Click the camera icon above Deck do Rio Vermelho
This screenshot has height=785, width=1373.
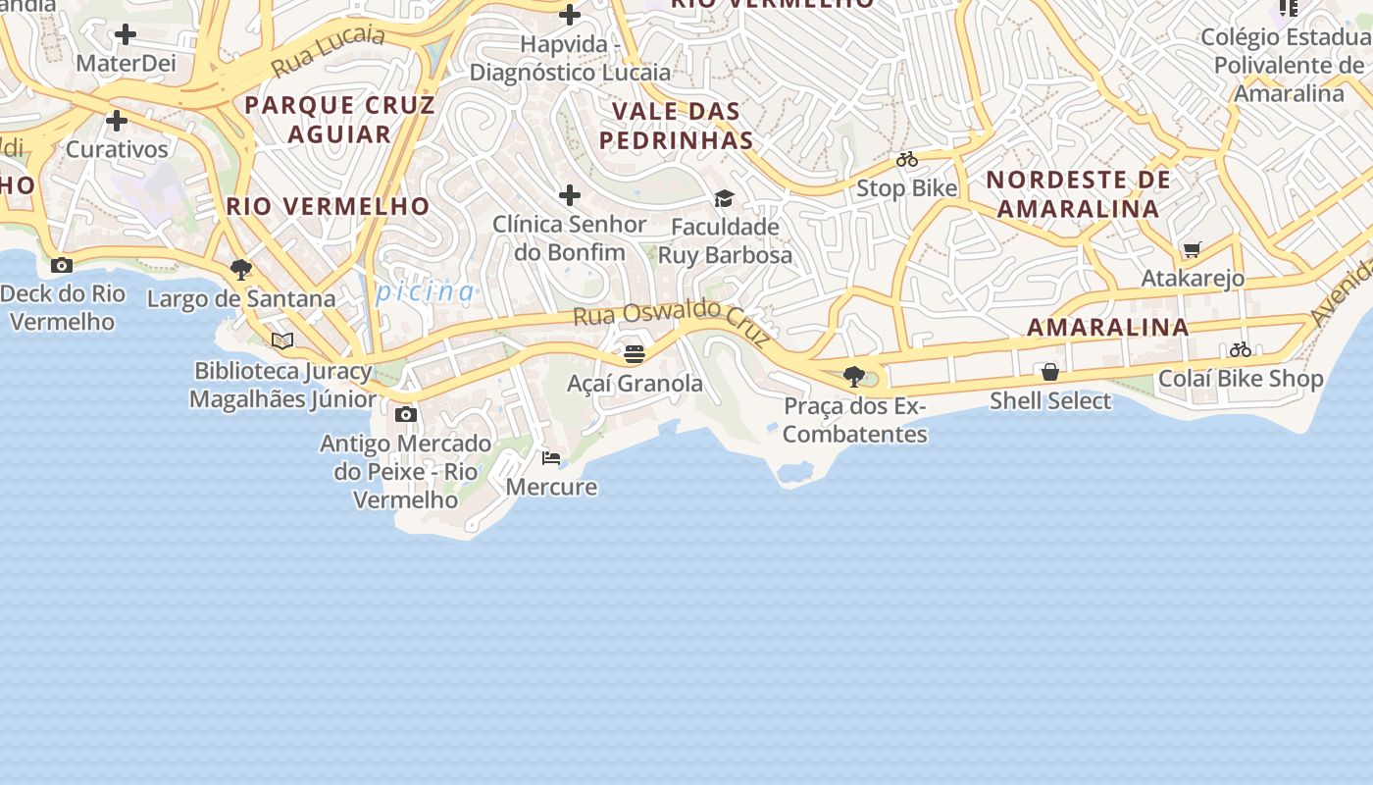62,265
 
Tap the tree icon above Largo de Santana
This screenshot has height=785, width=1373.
240,270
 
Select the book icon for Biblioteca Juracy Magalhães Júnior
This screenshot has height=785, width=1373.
282,340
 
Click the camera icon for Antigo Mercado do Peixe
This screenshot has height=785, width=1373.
405,414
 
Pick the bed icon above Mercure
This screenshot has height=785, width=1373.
551,457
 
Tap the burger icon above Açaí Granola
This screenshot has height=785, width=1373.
635,353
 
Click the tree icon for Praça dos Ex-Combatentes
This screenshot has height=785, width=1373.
854,376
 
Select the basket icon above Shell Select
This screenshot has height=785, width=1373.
1050,372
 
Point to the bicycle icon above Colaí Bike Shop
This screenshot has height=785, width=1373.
1241,349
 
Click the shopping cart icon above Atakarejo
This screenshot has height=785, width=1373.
1192,249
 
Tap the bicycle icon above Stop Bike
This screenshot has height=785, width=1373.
907,159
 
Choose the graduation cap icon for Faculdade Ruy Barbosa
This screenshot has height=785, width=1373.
724,198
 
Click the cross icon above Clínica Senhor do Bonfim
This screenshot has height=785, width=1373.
569,194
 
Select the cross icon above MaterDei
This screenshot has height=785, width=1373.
125,34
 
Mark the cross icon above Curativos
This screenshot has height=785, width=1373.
117,121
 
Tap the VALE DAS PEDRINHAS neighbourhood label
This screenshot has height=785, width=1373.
677,125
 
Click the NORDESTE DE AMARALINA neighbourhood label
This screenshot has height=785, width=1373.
1078,193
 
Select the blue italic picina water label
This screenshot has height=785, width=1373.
425,291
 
